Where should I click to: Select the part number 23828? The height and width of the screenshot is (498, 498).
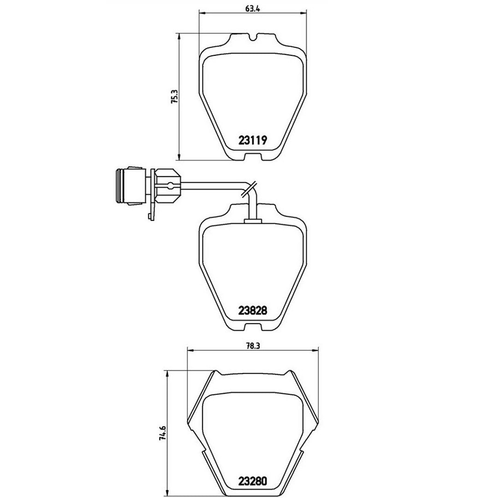pos(253,310)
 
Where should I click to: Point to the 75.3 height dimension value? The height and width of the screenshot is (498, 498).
pos(174,98)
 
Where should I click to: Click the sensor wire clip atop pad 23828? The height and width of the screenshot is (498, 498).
pos(253,222)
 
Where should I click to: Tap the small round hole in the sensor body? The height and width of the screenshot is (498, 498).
pos(171,186)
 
